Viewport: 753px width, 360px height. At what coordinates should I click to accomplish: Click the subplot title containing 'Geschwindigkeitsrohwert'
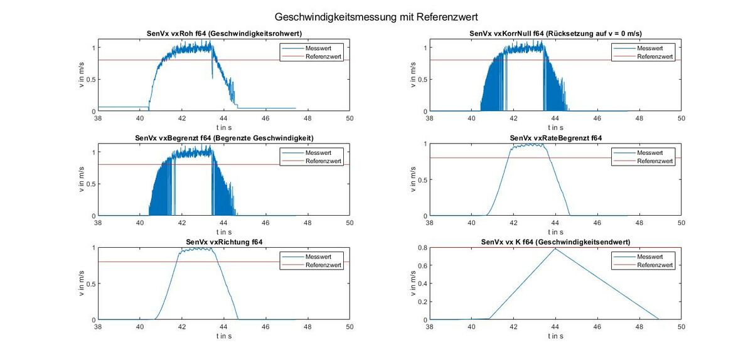coord(224,34)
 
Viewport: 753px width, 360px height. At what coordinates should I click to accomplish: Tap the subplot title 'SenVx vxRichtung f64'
coord(224,242)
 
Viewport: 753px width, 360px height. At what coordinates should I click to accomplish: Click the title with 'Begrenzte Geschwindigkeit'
coord(224,138)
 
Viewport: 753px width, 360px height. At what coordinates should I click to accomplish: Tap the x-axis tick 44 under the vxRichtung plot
coord(224,327)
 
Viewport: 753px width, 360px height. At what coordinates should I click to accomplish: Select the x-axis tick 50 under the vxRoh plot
coord(350,118)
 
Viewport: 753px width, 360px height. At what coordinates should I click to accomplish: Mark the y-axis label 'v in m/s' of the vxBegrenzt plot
coord(82,180)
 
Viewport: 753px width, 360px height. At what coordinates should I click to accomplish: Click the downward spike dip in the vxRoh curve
coord(212,77)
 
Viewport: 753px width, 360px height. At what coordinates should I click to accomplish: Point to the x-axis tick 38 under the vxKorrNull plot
coord(430,118)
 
